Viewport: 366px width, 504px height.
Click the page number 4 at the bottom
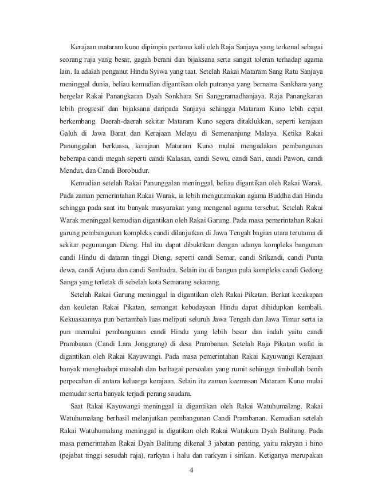pos(191,487)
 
